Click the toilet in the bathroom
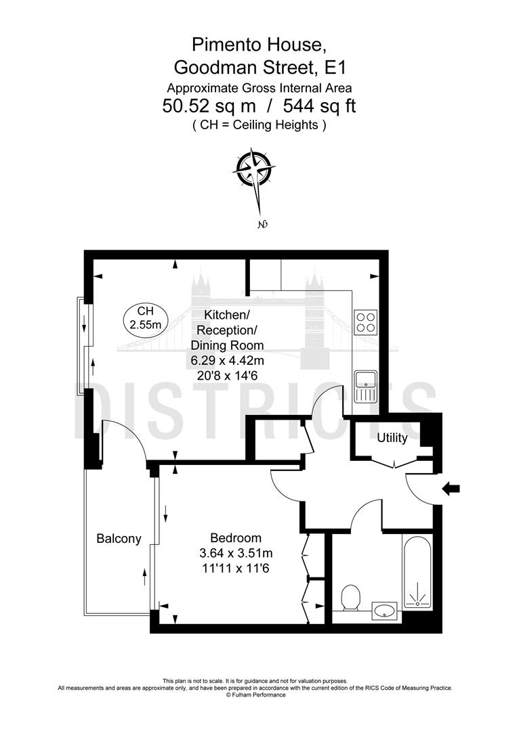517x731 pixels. [350, 598]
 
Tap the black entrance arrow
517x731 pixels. [450, 488]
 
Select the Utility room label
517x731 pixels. [392, 438]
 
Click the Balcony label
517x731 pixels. [119, 539]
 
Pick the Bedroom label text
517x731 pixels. [235, 538]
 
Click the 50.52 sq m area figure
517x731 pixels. [215, 106]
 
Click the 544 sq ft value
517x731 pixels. [319, 106]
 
